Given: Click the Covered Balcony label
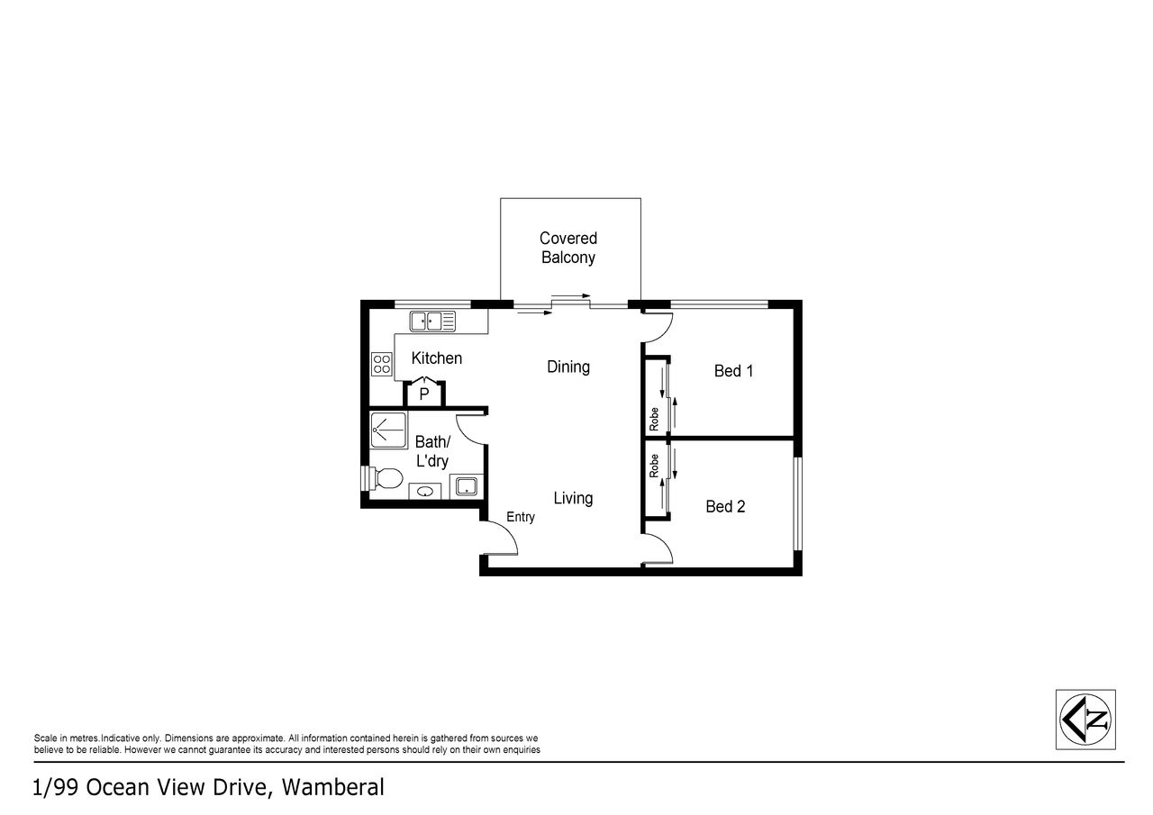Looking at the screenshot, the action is pos(568,248).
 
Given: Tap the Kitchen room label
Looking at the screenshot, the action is pos(437,358).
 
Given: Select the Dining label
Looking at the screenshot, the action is pos(568,367).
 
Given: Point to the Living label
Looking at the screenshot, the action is pos(573,498).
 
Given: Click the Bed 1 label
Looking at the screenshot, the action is pos(733,371).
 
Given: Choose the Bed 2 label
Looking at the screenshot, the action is pos(725,507).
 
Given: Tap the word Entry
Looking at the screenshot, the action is pos(521,517).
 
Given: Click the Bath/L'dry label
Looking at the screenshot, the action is pos(432,451).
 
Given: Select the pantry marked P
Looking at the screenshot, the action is pos(424,394).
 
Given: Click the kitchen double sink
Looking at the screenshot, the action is pos(432,321).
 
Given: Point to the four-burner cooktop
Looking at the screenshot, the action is pos(381,364).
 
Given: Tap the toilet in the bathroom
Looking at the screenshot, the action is pos(384,478).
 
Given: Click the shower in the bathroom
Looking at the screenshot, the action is pos(388,430).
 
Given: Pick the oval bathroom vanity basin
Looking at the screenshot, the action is pos(424,492).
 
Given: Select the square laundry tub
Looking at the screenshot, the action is pos(467,486).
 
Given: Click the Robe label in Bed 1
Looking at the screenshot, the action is pos(654,419).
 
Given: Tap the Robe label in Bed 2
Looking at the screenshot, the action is pos(654,466).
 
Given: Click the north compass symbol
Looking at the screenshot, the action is pos(1085,720).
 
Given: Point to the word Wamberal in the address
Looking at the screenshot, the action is pos(332,788).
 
